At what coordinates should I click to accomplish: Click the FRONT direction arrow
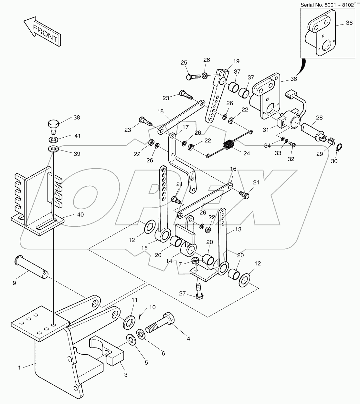[x=42, y=33]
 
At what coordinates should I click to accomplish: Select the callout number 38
[x=76, y=118]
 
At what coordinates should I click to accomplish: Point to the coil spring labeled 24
[x=229, y=144]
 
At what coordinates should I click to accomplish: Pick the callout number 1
[x=19, y=367]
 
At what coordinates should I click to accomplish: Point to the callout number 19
[x=236, y=61]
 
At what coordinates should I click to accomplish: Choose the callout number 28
[x=319, y=118]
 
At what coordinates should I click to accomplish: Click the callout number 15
[x=144, y=248]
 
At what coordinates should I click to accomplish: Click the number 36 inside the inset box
[x=349, y=23]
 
